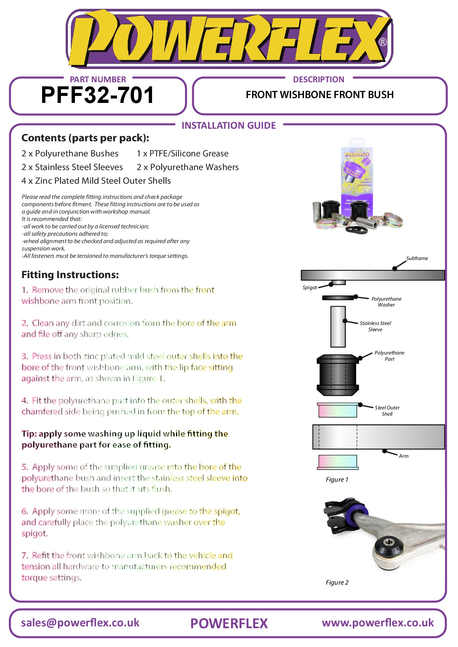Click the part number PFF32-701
pyautogui.click(x=97, y=95)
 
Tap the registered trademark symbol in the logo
pyautogui.click(x=383, y=42)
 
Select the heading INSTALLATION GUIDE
pyautogui.click(x=228, y=126)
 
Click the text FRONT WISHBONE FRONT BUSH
pyautogui.click(x=320, y=95)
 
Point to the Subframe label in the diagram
pyautogui.click(x=417, y=258)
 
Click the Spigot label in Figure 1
pyautogui.click(x=310, y=288)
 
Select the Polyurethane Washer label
pyautogui.click(x=386, y=302)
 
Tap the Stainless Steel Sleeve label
pyautogui.click(x=375, y=326)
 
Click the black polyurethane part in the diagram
pyautogui.click(x=338, y=374)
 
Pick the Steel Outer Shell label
pyautogui.click(x=387, y=411)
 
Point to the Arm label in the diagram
pyautogui.click(x=403, y=456)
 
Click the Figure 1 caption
pyautogui.click(x=337, y=480)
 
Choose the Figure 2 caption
pyautogui.click(x=337, y=582)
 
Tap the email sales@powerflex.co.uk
pyautogui.click(x=80, y=623)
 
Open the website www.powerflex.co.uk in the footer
pyautogui.click(x=378, y=623)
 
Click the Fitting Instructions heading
pyautogui.click(x=70, y=275)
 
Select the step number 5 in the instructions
pyautogui.click(x=24, y=467)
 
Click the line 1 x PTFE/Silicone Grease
pyautogui.click(x=182, y=153)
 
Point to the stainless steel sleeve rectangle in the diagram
pyautogui.click(x=338, y=326)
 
